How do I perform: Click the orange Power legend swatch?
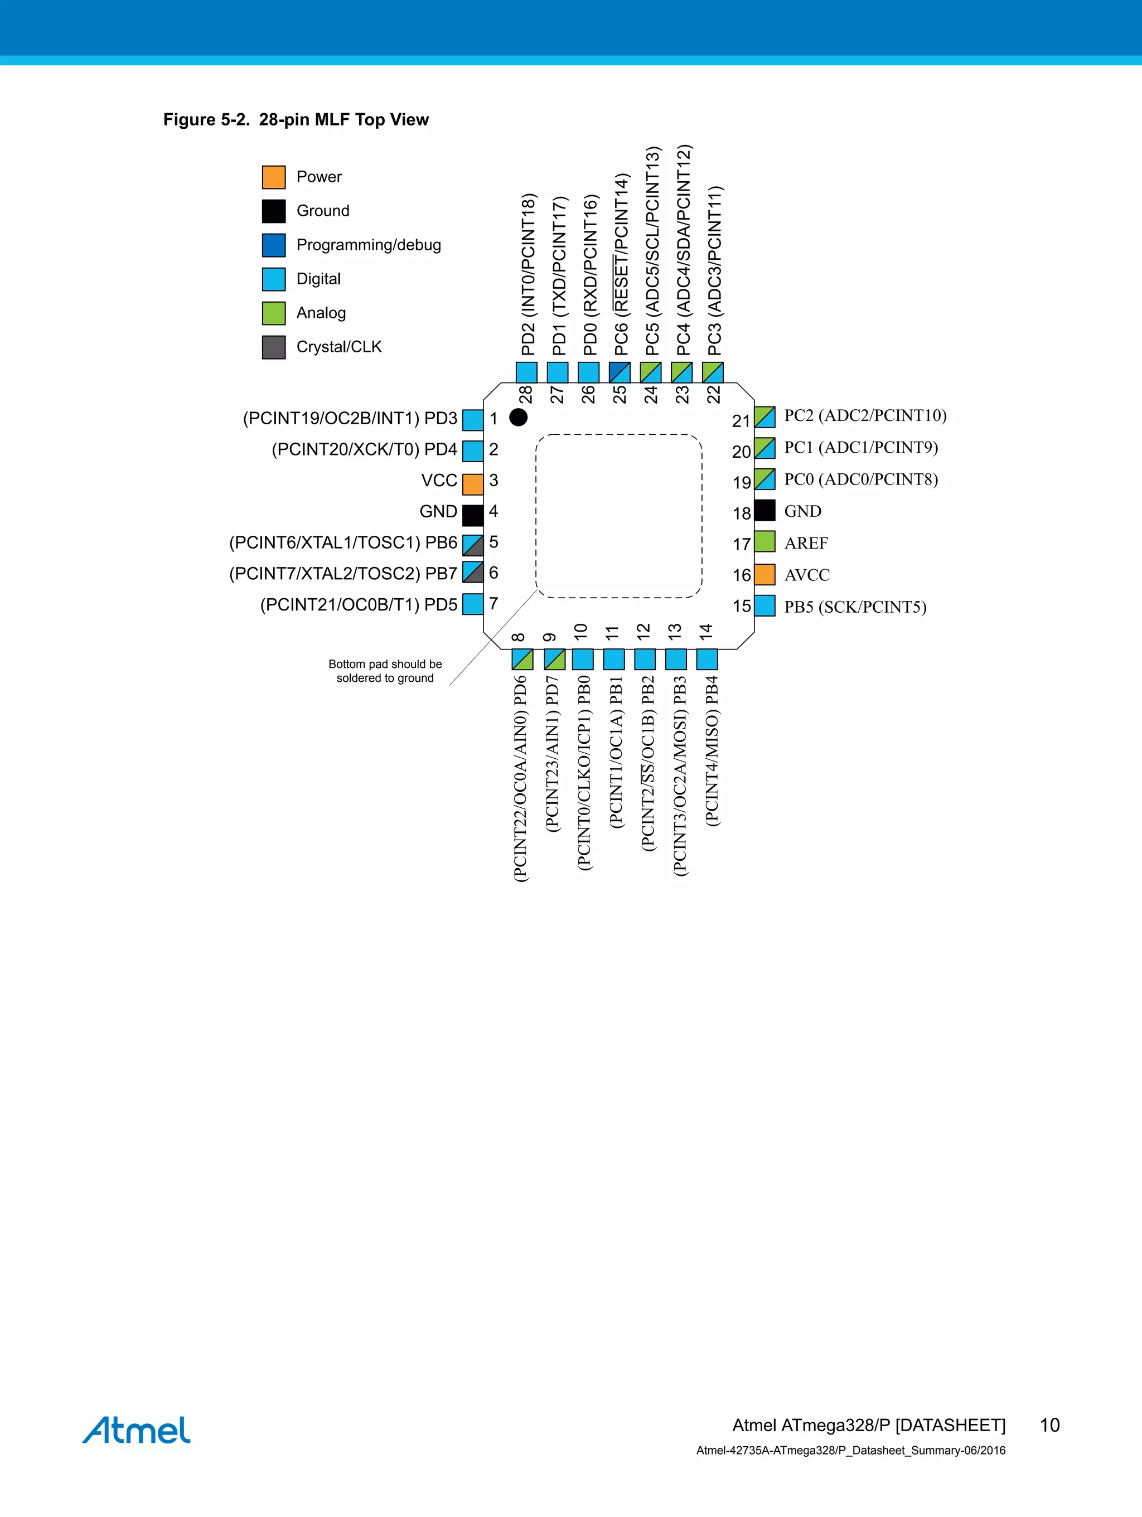(x=274, y=177)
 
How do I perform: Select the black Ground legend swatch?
(x=274, y=211)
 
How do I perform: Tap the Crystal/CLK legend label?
(x=339, y=347)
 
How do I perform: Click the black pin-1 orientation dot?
(x=519, y=417)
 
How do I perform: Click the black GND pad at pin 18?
(x=764, y=511)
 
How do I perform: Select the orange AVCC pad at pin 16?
(x=764, y=575)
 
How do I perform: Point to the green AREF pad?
(x=764, y=542)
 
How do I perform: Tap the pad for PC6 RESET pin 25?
(x=620, y=372)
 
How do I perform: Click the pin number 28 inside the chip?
(x=525, y=394)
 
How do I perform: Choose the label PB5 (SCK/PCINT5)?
(x=855, y=607)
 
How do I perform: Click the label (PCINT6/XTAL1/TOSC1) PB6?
(x=343, y=542)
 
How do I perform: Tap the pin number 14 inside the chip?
(x=707, y=632)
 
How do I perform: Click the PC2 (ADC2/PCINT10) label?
(x=865, y=415)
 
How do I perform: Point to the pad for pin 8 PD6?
(x=522, y=660)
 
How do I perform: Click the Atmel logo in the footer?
(x=137, y=1431)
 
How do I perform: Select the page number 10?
(x=1049, y=1425)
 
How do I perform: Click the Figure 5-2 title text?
(x=296, y=120)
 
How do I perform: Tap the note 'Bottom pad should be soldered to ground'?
(x=385, y=671)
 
